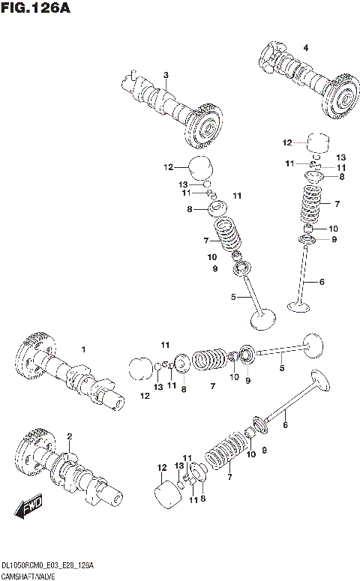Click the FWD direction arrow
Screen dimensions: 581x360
coord(28,509)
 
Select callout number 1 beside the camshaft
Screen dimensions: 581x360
coord(84,349)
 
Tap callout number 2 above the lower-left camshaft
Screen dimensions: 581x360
coord(69,436)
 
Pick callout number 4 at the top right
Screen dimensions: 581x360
coord(305,48)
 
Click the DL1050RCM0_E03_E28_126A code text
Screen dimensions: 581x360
coord(49,564)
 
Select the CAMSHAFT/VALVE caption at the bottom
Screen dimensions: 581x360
coord(32,575)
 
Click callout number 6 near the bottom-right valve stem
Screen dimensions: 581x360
coord(284,425)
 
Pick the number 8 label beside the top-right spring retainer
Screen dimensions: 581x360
coord(342,177)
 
